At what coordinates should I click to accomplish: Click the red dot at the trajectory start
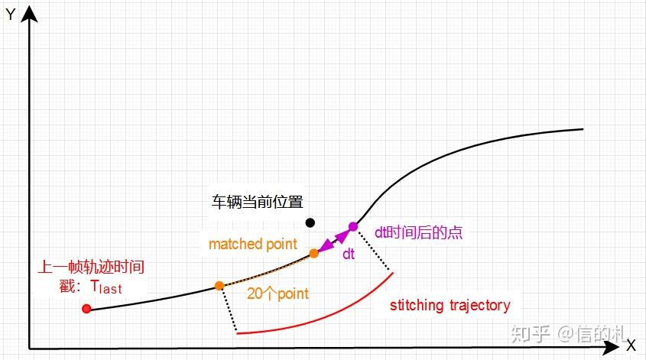click(x=86, y=309)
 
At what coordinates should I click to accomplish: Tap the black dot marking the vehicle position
click(x=310, y=222)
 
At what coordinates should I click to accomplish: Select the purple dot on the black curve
click(x=353, y=226)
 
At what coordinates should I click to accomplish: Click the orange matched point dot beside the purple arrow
click(x=313, y=253)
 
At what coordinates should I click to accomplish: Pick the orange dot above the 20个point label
click(x=219, y=286)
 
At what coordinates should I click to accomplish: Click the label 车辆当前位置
click(x=257, y=203)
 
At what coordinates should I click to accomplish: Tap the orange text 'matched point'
click(x=252, y=245)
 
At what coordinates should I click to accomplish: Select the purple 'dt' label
click(x=349, y=255)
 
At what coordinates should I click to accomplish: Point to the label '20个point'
click(x=278, y=293)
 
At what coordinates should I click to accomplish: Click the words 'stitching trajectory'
click(x=450, y=306)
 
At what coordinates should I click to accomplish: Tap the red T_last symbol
click(x=106, y=287)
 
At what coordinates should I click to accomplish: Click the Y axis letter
click(x=11, y=15)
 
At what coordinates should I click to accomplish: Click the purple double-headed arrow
click(x=333, y=240)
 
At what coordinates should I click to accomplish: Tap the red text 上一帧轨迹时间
click(x=91, y=268)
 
